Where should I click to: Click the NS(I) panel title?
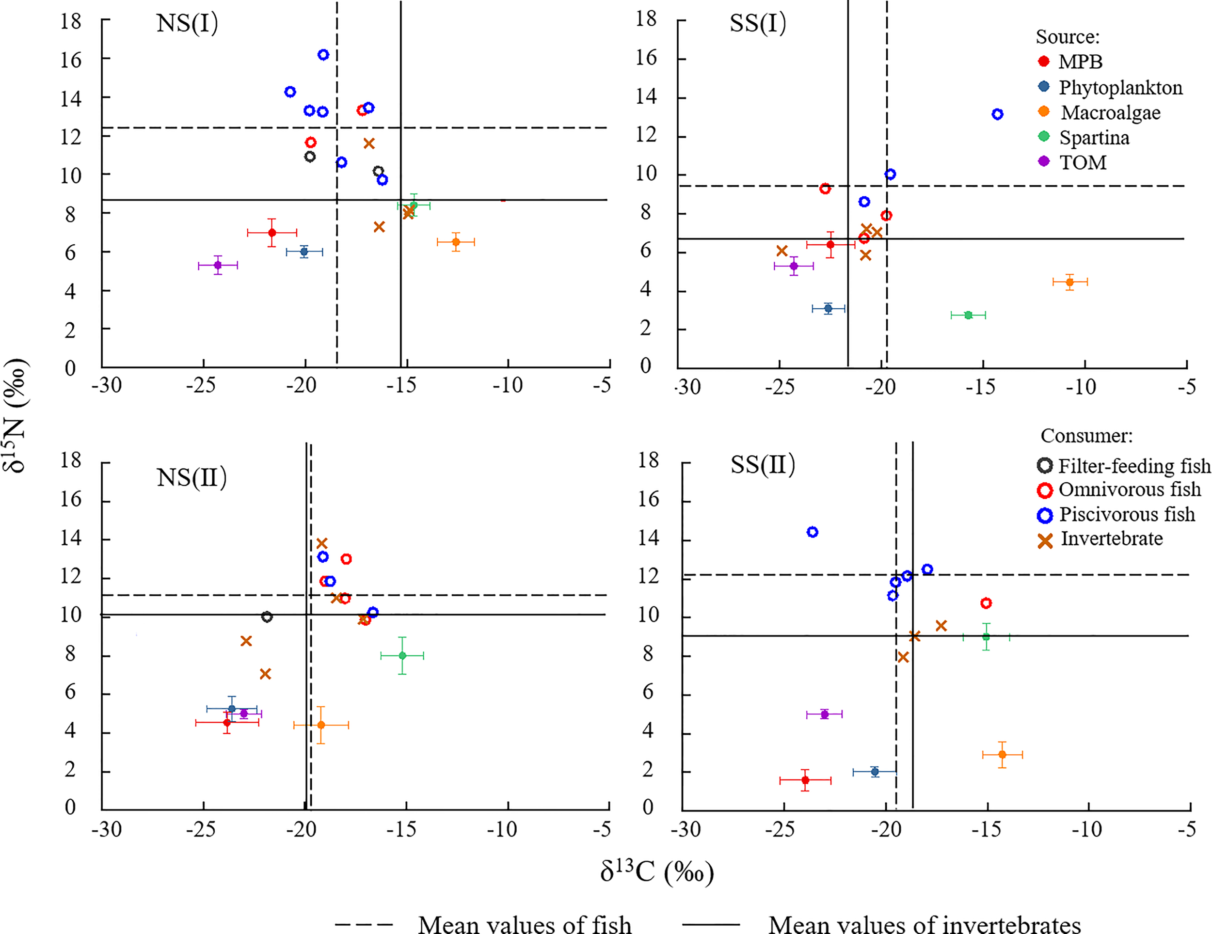[188, 24]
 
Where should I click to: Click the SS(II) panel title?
[763, 465]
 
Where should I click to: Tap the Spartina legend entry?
[1094, 138]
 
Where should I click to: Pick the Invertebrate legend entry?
[1112, 539]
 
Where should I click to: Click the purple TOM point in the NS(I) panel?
[218, 265]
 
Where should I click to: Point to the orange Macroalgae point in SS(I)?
[1069, 282]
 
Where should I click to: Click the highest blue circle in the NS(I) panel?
[323, 54]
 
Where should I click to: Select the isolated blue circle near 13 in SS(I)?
[997, 114]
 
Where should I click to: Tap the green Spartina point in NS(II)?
[402, 655]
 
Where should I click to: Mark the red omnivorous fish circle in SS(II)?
[986, 602]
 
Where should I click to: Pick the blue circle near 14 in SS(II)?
[813, 532]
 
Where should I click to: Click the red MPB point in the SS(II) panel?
[805, 780]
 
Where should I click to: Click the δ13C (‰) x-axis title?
[656, 872]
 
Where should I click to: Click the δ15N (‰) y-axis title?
[16, 415]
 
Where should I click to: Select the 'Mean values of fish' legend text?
[525, 924]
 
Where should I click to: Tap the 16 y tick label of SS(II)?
[648, 499]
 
